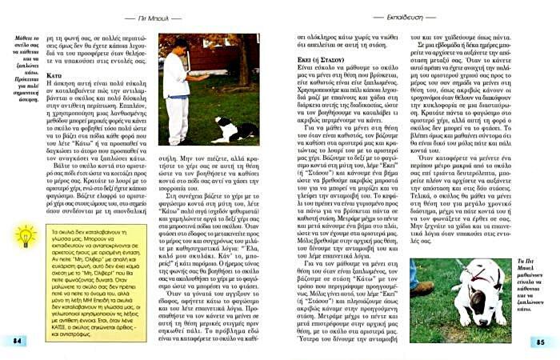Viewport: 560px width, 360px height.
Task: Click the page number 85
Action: click(540, 341)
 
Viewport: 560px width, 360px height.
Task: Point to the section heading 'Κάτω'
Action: click(54, 76)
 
